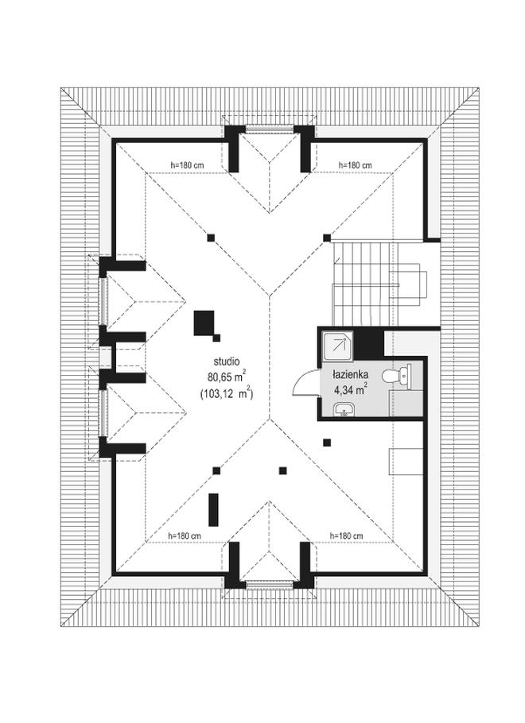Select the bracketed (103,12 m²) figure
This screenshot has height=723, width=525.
(x=227, y=391)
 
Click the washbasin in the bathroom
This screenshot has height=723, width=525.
(x=343, y=410)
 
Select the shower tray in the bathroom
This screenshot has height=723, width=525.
(x=336, y=344)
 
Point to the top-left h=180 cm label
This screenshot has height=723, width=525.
(x=186, y=165)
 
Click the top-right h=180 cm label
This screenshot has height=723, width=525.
(x=355, y=165)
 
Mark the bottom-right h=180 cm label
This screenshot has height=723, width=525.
(x=346, y=535)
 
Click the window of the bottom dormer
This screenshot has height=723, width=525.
(x=270, y=586)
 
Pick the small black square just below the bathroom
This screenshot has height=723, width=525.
(x=326, y=442)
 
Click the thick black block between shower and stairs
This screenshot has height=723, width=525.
(x=369, y=343)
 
